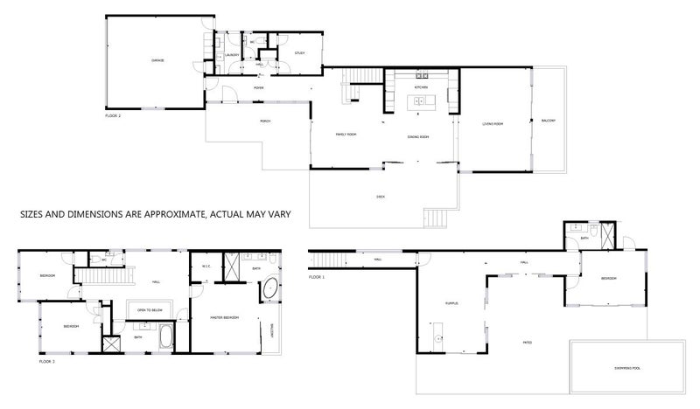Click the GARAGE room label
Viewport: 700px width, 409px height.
pos(158,60)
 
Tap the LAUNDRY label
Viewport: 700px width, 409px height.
pos(233,55)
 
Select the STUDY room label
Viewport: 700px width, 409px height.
pos(299,52)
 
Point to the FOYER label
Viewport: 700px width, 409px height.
pos(259,88)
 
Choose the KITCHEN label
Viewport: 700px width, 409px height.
pos(420,88)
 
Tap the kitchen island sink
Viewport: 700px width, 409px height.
pos(418,102)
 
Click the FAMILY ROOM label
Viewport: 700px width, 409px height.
pos(346,134)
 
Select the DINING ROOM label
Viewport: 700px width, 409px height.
pos(417,137)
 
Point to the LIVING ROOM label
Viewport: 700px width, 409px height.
pos(493,124)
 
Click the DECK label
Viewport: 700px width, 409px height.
pos(381,198)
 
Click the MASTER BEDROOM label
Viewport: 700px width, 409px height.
pos(226,317)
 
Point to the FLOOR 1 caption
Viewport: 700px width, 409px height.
pos(317,277)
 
